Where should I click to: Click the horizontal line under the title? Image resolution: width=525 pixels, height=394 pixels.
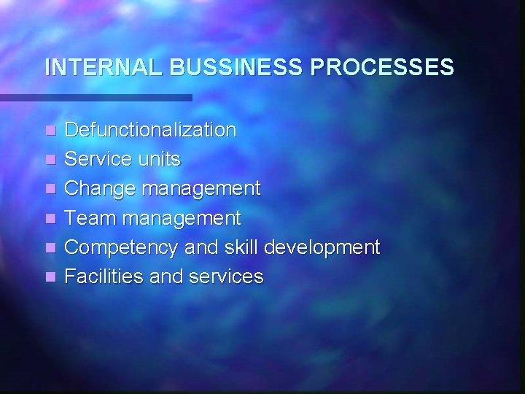pos(96,97)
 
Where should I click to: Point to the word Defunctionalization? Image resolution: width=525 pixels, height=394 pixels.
pos(151,131)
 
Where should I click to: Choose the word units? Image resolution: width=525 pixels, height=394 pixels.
pos(160,160)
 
